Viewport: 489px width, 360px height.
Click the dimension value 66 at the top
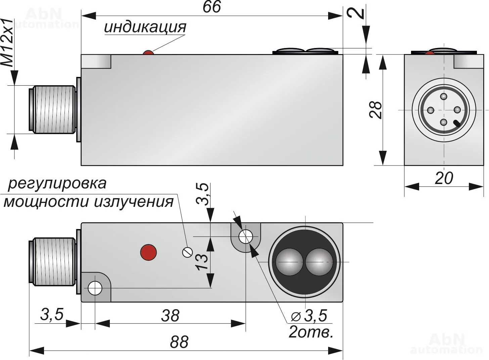pos(212,7)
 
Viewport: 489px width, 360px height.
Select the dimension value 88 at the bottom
pos(179,342)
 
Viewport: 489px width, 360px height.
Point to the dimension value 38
pos(170,316)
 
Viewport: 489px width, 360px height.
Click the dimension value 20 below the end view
pos(444,178)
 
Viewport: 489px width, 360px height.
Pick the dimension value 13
pos(202,262)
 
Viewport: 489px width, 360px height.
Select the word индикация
pos(145,27)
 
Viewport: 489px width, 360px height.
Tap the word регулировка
pos(57,183)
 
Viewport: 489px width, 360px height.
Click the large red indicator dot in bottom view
pos(148,252)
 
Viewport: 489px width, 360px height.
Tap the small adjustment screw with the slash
pos(187,252)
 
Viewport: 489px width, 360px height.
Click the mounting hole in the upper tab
pos(246,237)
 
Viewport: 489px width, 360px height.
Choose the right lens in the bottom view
pos(319,262)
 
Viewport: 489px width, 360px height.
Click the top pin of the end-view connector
pos(444,97)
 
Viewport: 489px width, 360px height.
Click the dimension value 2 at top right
pos(359,13)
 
